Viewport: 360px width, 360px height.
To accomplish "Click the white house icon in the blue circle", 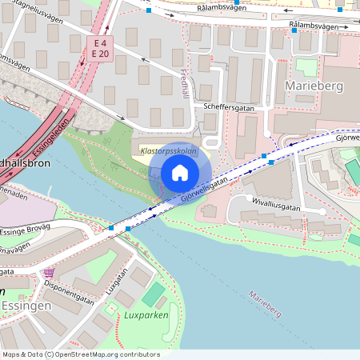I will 180,173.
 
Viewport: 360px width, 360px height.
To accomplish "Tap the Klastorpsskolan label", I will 167,150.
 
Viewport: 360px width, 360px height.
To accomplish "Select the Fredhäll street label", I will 186,84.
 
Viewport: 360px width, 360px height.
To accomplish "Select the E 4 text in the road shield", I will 100,42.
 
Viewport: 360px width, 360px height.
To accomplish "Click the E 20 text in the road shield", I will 100,54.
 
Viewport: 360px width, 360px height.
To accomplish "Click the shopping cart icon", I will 50,273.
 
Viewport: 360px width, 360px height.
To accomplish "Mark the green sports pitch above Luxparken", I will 153,294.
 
